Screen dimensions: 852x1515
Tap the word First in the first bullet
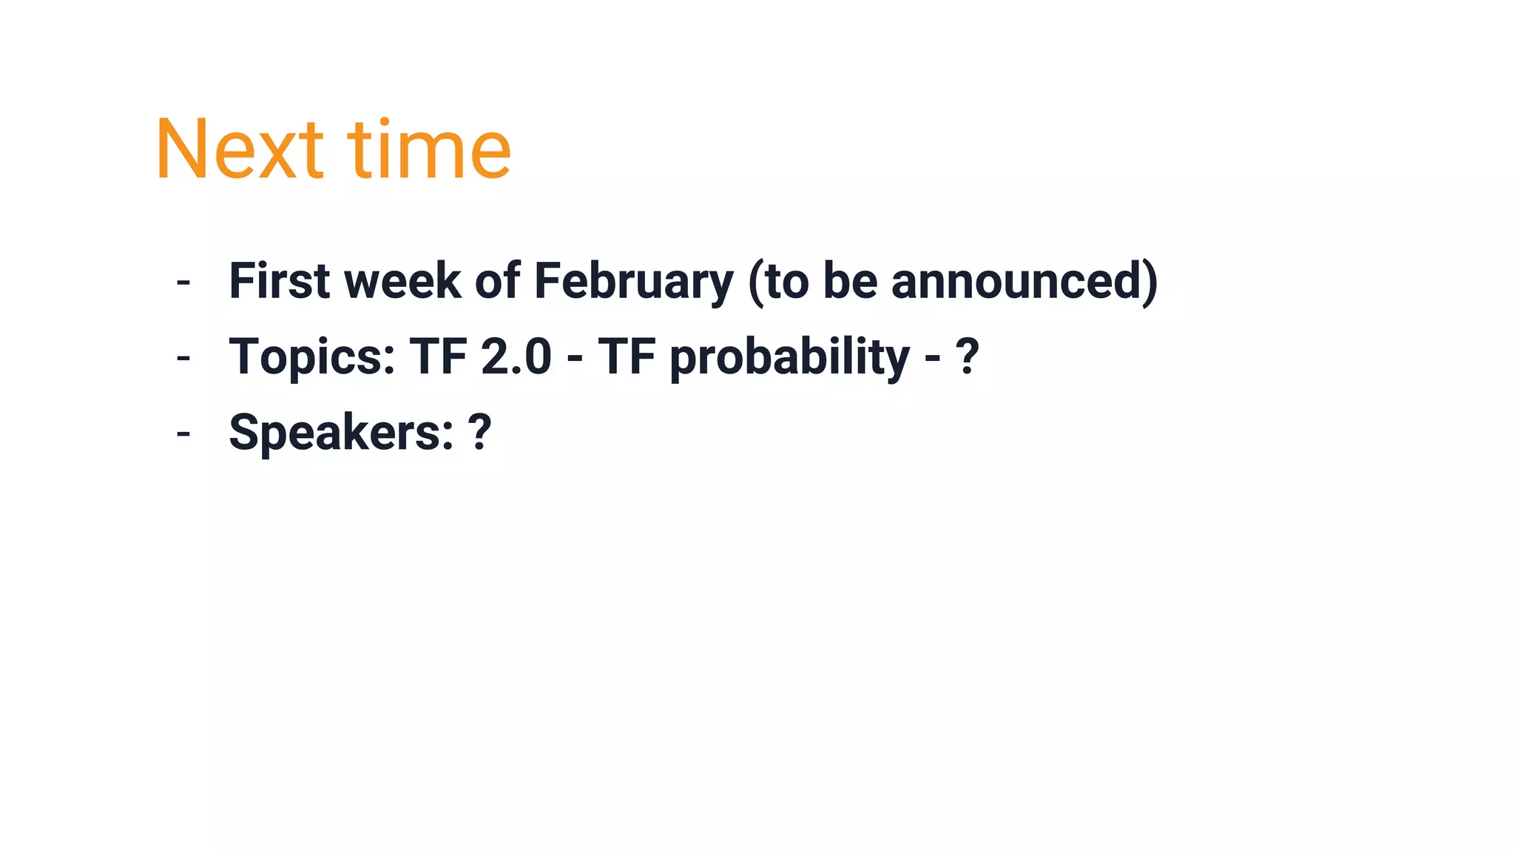pos(279,281)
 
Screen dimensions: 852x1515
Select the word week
pos(402,281)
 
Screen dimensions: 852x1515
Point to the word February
pos(633,281)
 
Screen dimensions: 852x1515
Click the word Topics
pos(311,357)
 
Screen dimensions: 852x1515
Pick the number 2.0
pos(516,357)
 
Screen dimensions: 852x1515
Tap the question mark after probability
pos(968,357)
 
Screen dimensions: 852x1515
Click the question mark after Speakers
pos(479,433)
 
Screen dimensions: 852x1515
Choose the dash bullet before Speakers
pos(183,434)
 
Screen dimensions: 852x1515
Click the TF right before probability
pos(627,357)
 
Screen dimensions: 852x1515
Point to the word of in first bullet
pos(497,281)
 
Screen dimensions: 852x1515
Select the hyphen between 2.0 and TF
pos(574,359)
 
